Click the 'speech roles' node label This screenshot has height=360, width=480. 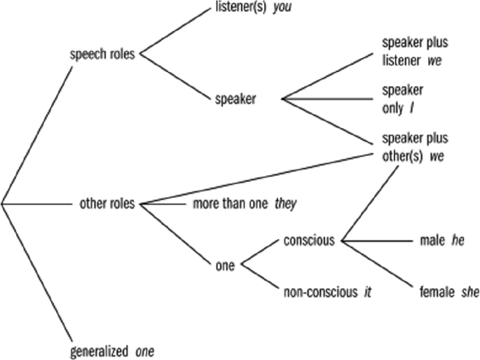pyautogui.click(x=102, y=55)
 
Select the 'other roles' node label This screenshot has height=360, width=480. pyautogui.click(x=107, y=203)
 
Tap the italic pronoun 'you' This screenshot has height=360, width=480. pyautogui.click(x=282, y=7)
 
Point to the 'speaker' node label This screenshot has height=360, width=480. pyautogui.click(x=235, y=99)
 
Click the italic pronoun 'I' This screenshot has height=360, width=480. pyautogui.click(x=412, y=109)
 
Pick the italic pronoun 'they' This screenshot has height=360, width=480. pyautogui.click(x=286, y=204)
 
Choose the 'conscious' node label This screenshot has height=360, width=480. pyautogui.click(x=309, y=241)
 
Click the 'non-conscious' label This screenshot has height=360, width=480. pyautogui.click(x=320, y=292)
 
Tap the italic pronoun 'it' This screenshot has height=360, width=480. pyautogui.click(x=367, y=292)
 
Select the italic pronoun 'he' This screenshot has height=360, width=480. pyautogui.click(x=458, y=241)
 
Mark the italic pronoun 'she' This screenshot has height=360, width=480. pyautogui.click(x=470, y=292)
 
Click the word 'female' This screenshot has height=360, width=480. pyautogui.click(x=437, y=292)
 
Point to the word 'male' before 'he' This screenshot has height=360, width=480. pyautogui.click(x=432, y=241)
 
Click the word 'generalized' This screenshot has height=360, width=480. pyautogui.click(x=100, y=352)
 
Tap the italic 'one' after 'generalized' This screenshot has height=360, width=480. pyautogui.click(x=145, y=352)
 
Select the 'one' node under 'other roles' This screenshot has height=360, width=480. pyautogui.click(x=225, y=265)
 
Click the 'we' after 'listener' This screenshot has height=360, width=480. pyautogui.click(x=434, y=61)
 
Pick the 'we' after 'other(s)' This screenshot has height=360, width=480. pyautogui.click(x=437, y=157)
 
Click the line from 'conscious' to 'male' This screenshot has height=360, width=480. pyautogui.click(x=378, y=241)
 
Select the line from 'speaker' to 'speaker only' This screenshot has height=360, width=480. pyautogui.click(x=327, y=99)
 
